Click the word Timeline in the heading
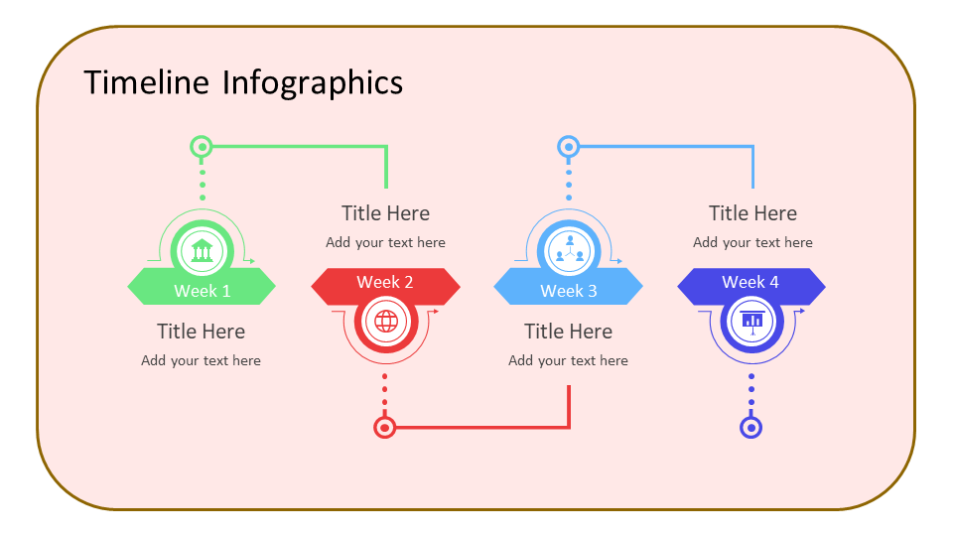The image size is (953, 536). [x=147, y=82]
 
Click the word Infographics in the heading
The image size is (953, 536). [x=313, y=82]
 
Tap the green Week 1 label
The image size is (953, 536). [x=202, y=291]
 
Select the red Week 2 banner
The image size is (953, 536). [x=385, y=283]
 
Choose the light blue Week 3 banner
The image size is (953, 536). [x=568, y=291]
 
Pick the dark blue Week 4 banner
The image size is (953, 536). [x=750, y=283]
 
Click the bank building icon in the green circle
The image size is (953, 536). [x=203, y=250]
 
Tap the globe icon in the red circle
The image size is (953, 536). [x=386, y=322]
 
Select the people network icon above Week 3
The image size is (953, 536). [x=569, y=249]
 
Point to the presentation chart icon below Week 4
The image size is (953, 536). [x=751, y=321]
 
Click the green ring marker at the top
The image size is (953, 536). [x=202, y=147]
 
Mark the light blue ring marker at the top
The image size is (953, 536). [x=568, y=147]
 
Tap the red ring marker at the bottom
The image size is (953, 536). [x=385, y=428]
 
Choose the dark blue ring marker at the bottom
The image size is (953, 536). [x=751, y=428]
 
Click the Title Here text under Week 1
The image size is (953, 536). [x=201, y=332]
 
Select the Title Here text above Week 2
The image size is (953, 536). [x=385, y=213]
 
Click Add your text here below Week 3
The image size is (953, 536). [x=568, y=361]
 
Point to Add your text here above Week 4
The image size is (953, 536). [x=752, y=243]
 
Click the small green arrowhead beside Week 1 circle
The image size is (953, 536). [x=252, y=262]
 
